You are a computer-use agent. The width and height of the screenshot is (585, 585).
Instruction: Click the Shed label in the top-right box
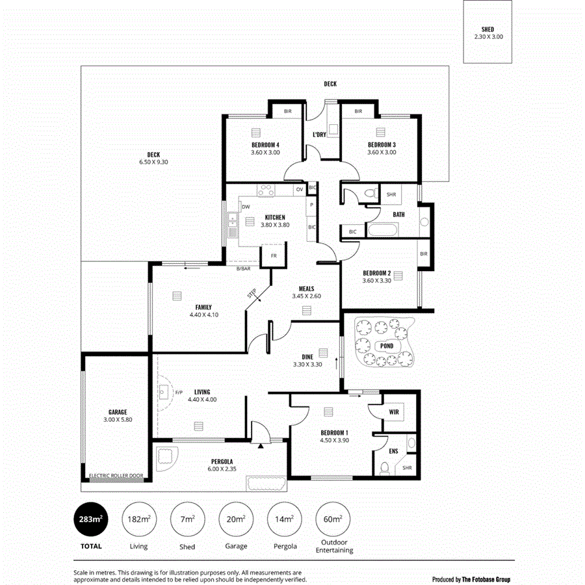point(487,30)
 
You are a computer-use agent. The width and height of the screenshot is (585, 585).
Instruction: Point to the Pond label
point(387,346)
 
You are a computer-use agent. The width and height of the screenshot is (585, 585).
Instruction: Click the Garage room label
point(118,411)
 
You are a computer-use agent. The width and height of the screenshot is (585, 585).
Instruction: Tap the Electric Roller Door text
point(116,476)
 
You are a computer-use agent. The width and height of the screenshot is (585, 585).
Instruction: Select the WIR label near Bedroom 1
point(394,412)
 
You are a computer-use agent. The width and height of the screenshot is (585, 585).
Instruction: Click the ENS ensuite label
point(393,450)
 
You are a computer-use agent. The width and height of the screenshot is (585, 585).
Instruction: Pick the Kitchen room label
point(274,217)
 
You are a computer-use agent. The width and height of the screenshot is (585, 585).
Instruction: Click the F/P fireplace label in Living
point(179,393)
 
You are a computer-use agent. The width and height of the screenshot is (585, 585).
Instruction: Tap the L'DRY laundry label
point(319,135)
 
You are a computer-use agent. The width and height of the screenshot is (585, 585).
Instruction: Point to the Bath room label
point(399,214)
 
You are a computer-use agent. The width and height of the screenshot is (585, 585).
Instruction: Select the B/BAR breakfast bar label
point(244,268)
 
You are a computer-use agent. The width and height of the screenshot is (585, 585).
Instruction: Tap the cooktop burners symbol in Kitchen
point(265,190)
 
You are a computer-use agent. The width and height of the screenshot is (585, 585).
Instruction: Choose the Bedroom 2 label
point(376,272)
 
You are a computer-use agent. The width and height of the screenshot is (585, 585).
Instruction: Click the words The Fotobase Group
point(486,579)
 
